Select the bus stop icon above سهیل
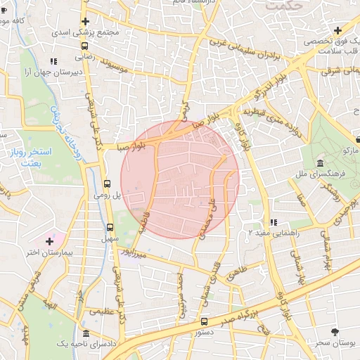point(110,227)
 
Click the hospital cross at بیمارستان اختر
point(49,241)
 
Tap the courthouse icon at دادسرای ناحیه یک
point(86,333)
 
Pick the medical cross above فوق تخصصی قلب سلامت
point(338,31)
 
